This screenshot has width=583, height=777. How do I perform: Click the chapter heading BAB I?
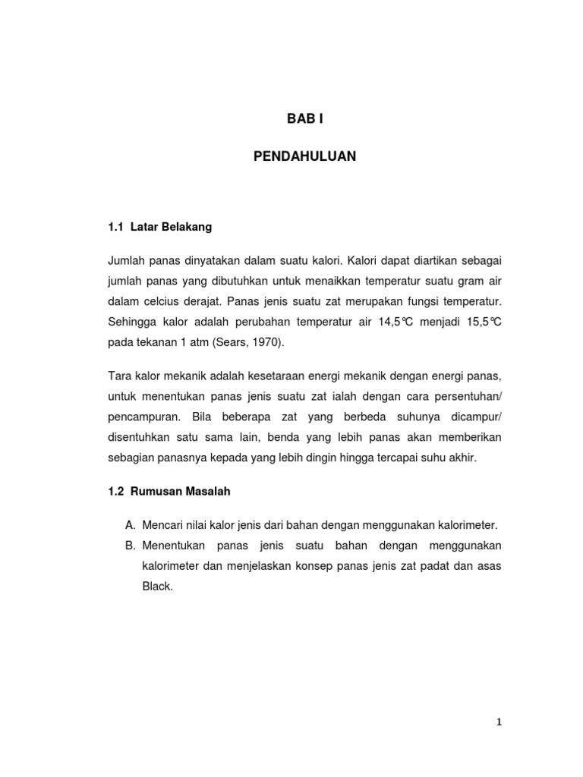click(304, 118)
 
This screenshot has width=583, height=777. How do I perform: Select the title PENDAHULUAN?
click(304, 157)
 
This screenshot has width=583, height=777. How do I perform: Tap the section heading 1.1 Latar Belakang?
click(159, 226)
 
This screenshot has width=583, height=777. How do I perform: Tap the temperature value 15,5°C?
click(483, 322)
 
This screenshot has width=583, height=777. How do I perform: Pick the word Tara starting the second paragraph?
click(118, 377)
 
